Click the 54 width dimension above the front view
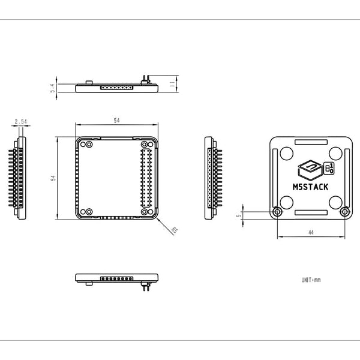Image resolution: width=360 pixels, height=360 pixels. point(116,121)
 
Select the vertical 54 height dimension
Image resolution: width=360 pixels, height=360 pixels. point(53,178)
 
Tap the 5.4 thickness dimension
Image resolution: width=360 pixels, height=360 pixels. point(53,88)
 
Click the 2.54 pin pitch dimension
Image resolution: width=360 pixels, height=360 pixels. point(20,121)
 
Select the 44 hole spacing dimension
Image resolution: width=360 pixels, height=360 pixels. point(310,232)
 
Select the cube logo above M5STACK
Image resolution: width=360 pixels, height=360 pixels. point(309,169)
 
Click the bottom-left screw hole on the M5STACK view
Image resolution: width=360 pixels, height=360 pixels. point(277,212)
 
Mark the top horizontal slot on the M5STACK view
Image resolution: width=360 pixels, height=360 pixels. point(310,142)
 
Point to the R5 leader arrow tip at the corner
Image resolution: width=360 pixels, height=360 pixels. point(157,218)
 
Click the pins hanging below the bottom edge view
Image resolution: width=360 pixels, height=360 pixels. point(145,287)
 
